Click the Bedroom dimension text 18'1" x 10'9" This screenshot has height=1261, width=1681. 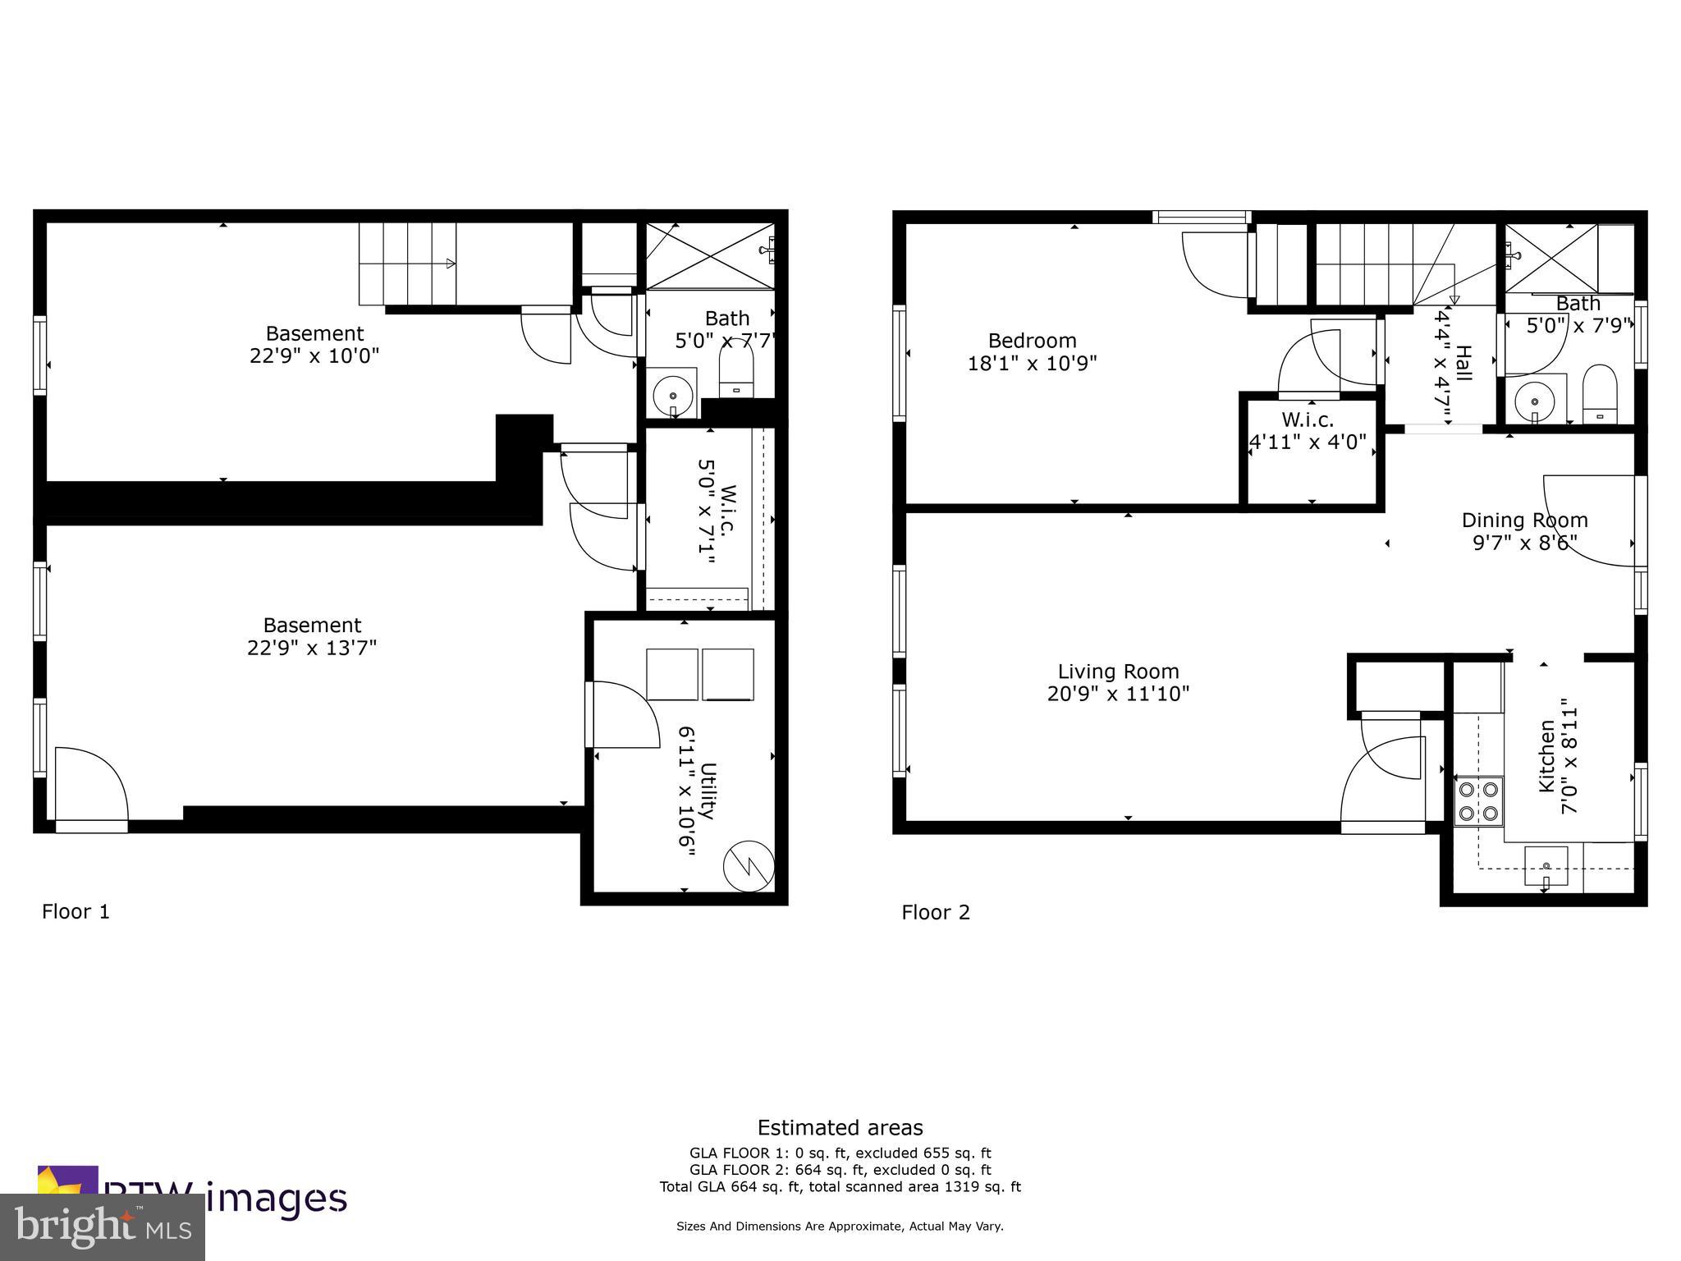click(1032, 363)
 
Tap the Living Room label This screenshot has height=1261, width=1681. click(1118, 672)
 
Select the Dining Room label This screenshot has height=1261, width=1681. click(1524, 520)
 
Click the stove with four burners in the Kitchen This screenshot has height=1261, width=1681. click(1477, 802)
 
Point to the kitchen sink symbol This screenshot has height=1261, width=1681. click(1546, 866)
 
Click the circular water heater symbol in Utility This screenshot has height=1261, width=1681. click(748, 864)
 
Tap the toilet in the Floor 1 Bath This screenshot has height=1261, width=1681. click(735, 370)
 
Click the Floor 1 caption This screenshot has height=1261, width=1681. click(76, 911)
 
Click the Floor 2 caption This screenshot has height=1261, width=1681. click(936, 912)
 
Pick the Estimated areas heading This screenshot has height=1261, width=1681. click(840, 1127)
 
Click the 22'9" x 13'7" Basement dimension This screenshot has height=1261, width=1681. click(311, 648)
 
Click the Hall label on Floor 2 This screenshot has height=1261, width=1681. click(1463, 363)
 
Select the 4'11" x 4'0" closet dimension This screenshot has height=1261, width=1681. click(1307, 442)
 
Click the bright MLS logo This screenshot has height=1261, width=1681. click(102, 1227)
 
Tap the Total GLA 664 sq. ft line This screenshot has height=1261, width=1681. click(840, 1186)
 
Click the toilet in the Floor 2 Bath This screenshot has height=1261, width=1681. click(1598, 391)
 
